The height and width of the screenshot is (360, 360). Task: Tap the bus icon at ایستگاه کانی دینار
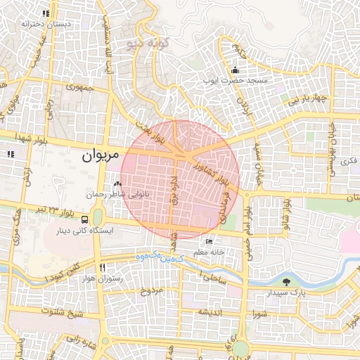click(85, 219)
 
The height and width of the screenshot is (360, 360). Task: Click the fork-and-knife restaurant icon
click(103, 268)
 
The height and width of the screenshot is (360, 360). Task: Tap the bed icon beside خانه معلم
click(210, 241)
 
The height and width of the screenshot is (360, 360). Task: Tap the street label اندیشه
click(210, 311)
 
